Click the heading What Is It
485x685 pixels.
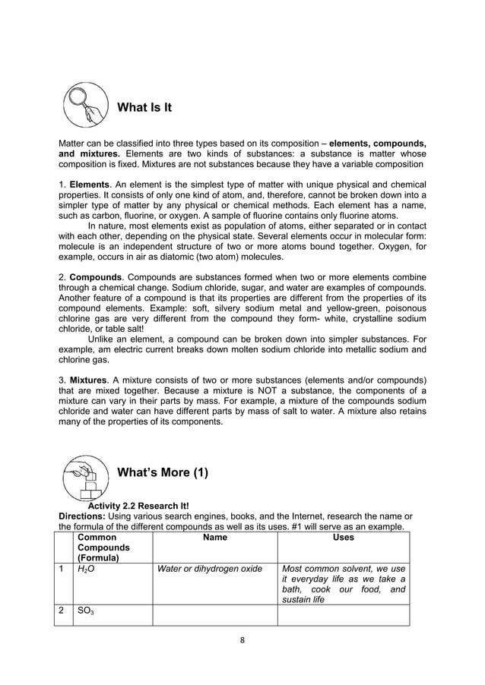tap(144, 107)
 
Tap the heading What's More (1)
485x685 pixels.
tap(163, 472)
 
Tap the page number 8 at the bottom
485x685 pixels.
tap(242, 639)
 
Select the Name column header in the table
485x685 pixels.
tap(215, 537)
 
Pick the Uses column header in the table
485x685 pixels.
tap(344, 537)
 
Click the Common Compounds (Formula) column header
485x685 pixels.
tap(102, 547)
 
